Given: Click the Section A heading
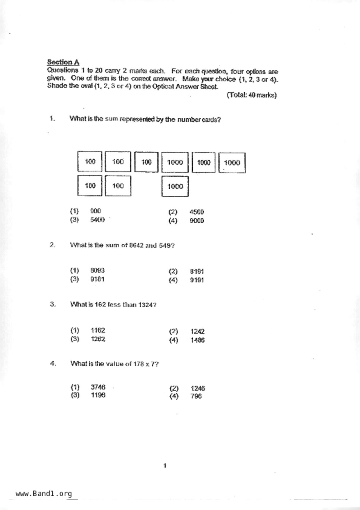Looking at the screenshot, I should point(63,62).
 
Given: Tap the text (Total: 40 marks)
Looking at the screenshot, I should point(252,95).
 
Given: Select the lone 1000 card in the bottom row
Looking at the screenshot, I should point(175,186).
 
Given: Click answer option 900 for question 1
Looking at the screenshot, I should point(96,211).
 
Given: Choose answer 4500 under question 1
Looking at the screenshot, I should point(197,212).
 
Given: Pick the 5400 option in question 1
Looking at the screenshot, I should point(97,220).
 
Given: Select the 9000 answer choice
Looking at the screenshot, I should point(197,221).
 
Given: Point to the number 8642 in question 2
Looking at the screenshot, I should point(136,245).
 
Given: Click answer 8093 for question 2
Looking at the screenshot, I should point(97,270).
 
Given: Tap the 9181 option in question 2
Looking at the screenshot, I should point(97,279).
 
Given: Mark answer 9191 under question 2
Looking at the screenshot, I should point(197,280).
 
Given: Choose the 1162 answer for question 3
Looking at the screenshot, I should point(98,330).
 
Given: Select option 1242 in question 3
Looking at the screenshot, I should point(198,331).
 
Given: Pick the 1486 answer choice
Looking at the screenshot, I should point(198,340).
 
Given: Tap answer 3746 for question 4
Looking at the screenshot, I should point(98,387).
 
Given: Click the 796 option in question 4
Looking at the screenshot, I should point(196,396).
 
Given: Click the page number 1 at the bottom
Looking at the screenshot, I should point(165,466).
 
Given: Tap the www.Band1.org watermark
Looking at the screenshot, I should point(44,494).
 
